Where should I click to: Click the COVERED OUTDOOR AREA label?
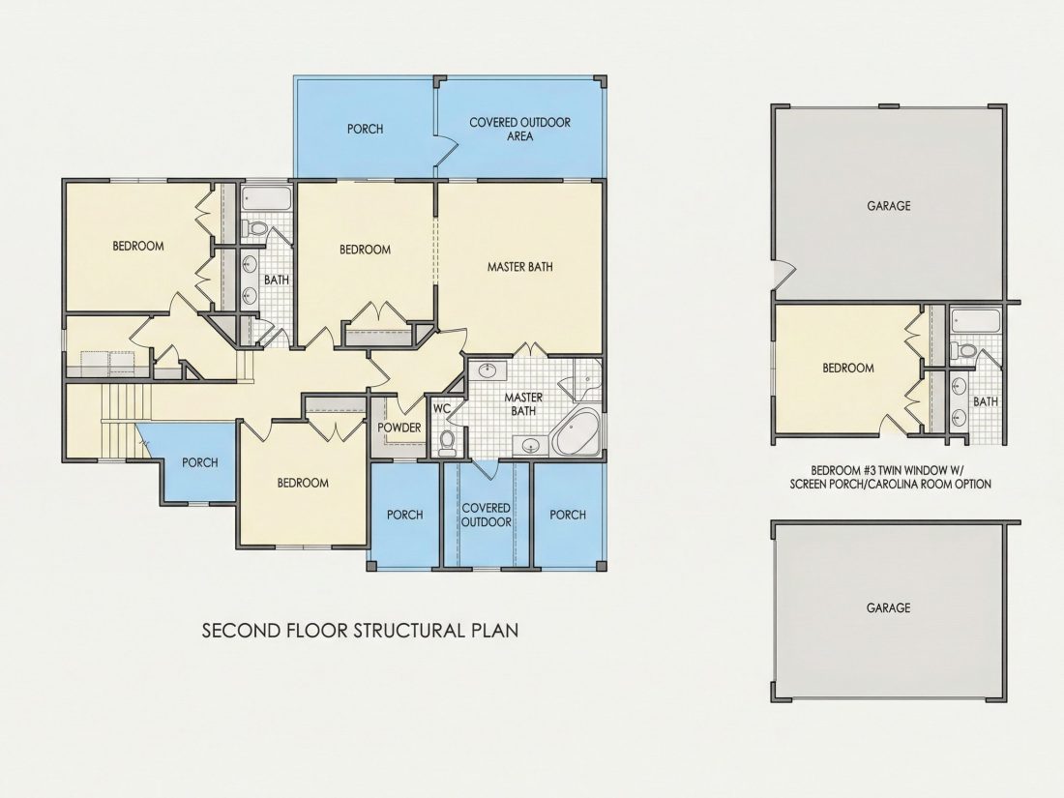519,129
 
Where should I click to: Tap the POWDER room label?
399,429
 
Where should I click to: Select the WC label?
442,409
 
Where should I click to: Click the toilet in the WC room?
447,442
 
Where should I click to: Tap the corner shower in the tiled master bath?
585,379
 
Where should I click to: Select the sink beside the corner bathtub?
530,445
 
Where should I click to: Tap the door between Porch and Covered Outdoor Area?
444,149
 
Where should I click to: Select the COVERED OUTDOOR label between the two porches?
486,515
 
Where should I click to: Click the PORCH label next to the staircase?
200,462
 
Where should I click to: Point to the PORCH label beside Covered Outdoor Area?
365,129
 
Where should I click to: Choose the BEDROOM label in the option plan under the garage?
848,368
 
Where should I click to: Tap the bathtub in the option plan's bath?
975,321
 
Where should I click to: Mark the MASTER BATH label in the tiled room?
523,403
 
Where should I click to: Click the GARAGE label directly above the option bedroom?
888,206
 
